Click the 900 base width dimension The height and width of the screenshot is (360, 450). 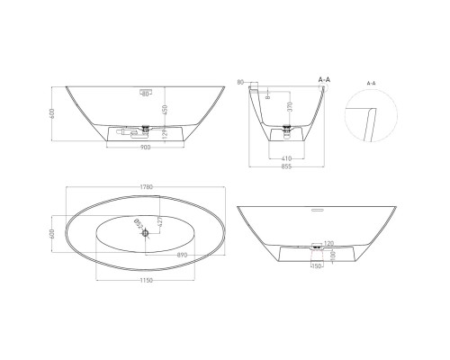click(x=144, y=148)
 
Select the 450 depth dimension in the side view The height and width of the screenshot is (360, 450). click(x=163, y=110)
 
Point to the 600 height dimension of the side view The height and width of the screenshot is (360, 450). click(x=54, y=113)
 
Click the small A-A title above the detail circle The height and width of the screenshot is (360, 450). click(x=370, y=82)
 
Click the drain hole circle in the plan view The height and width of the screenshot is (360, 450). click(x=144, y=233)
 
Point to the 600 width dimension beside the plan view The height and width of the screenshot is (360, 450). click(x=53, y=233)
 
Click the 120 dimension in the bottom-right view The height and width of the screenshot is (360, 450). click(x=330, y=243)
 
